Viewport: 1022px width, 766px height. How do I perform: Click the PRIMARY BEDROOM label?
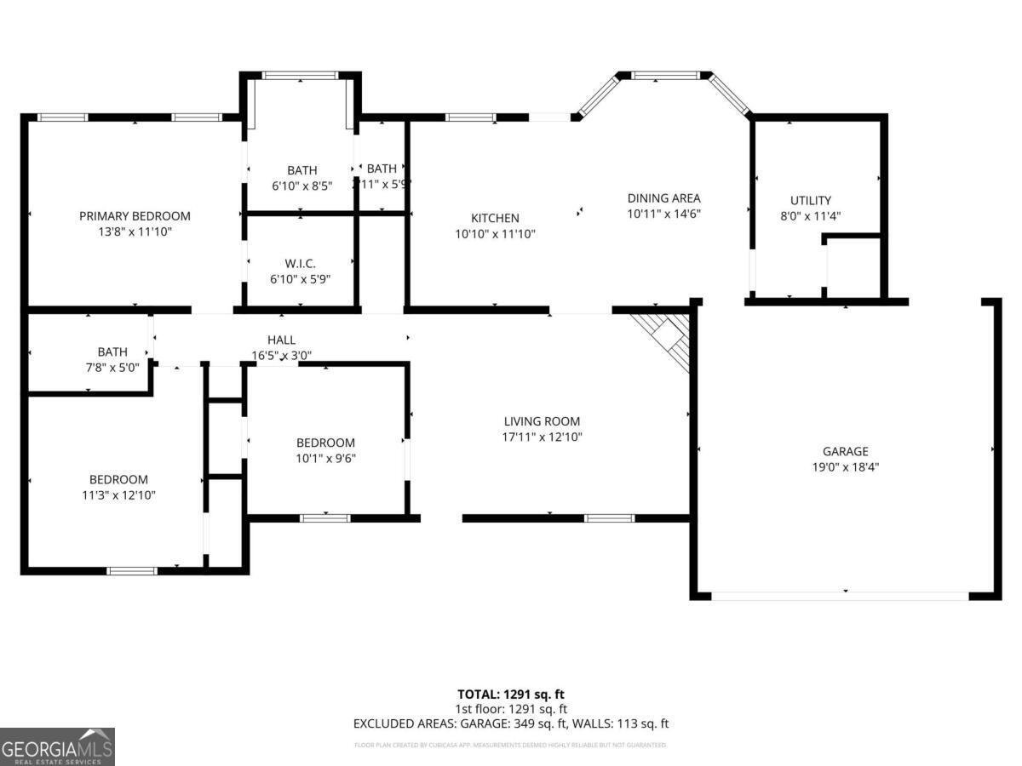[x=135, y=216]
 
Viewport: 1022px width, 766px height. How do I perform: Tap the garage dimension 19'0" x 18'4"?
[x=845, y=466]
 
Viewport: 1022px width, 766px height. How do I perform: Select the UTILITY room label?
[x=810, y=201]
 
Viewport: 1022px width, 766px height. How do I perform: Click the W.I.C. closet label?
[x=300, y=264]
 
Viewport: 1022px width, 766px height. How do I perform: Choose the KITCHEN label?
[x=495, y=218]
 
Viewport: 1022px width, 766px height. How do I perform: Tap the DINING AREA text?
[x=663, y=198]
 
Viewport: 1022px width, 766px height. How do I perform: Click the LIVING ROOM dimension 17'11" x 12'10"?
[x=542, y=437]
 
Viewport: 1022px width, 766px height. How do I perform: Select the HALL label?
[x=281, y=340]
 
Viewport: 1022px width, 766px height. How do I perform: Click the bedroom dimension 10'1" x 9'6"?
[x=325, y=458]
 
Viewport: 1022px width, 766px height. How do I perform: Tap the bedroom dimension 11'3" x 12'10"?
[x=118, y=494]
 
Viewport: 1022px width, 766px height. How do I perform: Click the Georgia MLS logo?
[x=57, y=746]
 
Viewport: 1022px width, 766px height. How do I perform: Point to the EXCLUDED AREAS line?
[x=511, y=723]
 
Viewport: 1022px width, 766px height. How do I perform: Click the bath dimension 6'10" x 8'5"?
[x=301, y=185]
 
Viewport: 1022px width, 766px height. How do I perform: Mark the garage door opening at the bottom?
[x=840, y=596]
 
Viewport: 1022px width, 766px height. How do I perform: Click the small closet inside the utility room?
[x=853, y=268]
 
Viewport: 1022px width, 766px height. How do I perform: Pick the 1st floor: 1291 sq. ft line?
[x=511, y=708]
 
